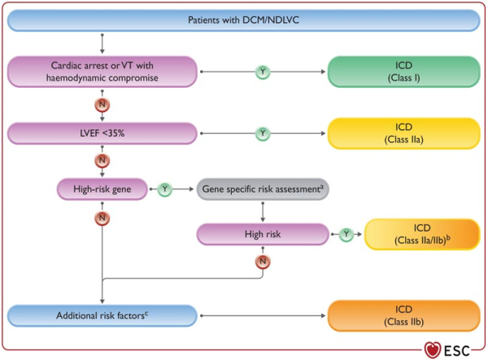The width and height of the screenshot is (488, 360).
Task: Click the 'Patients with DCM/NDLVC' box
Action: click(245, 20)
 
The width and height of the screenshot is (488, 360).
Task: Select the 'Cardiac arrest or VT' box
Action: click(103, 72)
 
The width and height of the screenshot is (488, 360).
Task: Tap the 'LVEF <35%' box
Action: click(103, 132)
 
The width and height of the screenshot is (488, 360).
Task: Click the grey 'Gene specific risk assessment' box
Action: click(263, 189)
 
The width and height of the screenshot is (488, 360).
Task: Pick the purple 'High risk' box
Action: click(263, 234)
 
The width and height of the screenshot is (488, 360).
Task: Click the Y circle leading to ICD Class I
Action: click(263, 72)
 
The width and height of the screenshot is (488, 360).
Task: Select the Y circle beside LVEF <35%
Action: click(263, 132)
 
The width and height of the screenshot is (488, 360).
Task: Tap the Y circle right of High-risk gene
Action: click(165, 189)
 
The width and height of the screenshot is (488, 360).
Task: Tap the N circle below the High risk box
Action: click(263, 262)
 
